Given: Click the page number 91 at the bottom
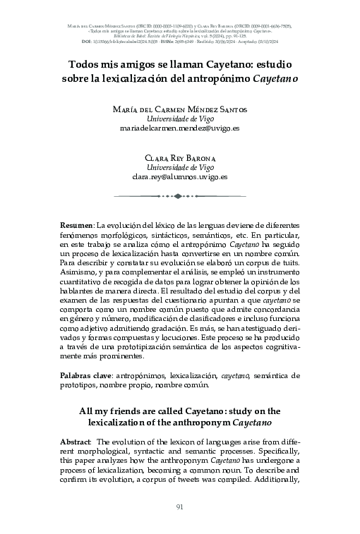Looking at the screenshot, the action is pos(180,506).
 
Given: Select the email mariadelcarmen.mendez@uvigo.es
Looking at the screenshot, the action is pos(180,130).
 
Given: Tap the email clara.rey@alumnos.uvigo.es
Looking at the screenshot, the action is pos(180,178).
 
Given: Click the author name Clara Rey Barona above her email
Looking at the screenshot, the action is pos(180,158).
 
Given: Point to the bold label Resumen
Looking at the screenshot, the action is pos(76,224).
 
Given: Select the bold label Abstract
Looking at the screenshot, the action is pos(76,441).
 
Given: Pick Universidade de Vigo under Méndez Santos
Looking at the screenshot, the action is pos(180,119).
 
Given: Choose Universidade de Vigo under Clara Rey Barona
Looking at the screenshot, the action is pos(180,168).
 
